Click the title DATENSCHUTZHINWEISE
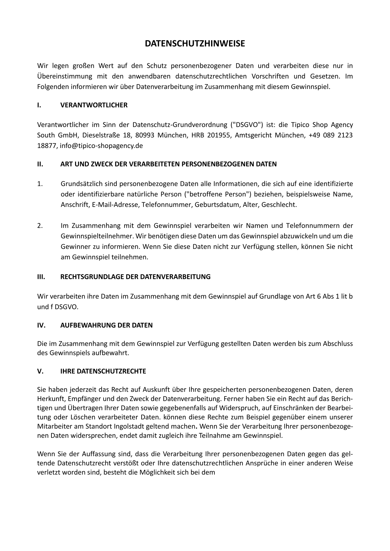click(x=195, y=44)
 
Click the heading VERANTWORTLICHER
click(x=94, y=105)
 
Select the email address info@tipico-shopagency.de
click(x=101, y=146)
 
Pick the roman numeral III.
click(x=41, y=277)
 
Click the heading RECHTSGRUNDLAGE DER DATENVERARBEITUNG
click(x=135, y=277)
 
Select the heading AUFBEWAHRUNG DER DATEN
click(x=107, y=325)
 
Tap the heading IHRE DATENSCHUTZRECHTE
click(x=103, y=371)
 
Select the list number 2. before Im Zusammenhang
click(x=40, y=226)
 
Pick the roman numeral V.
click(x=40, y=371)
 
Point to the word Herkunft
click(x=51, y=399)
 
